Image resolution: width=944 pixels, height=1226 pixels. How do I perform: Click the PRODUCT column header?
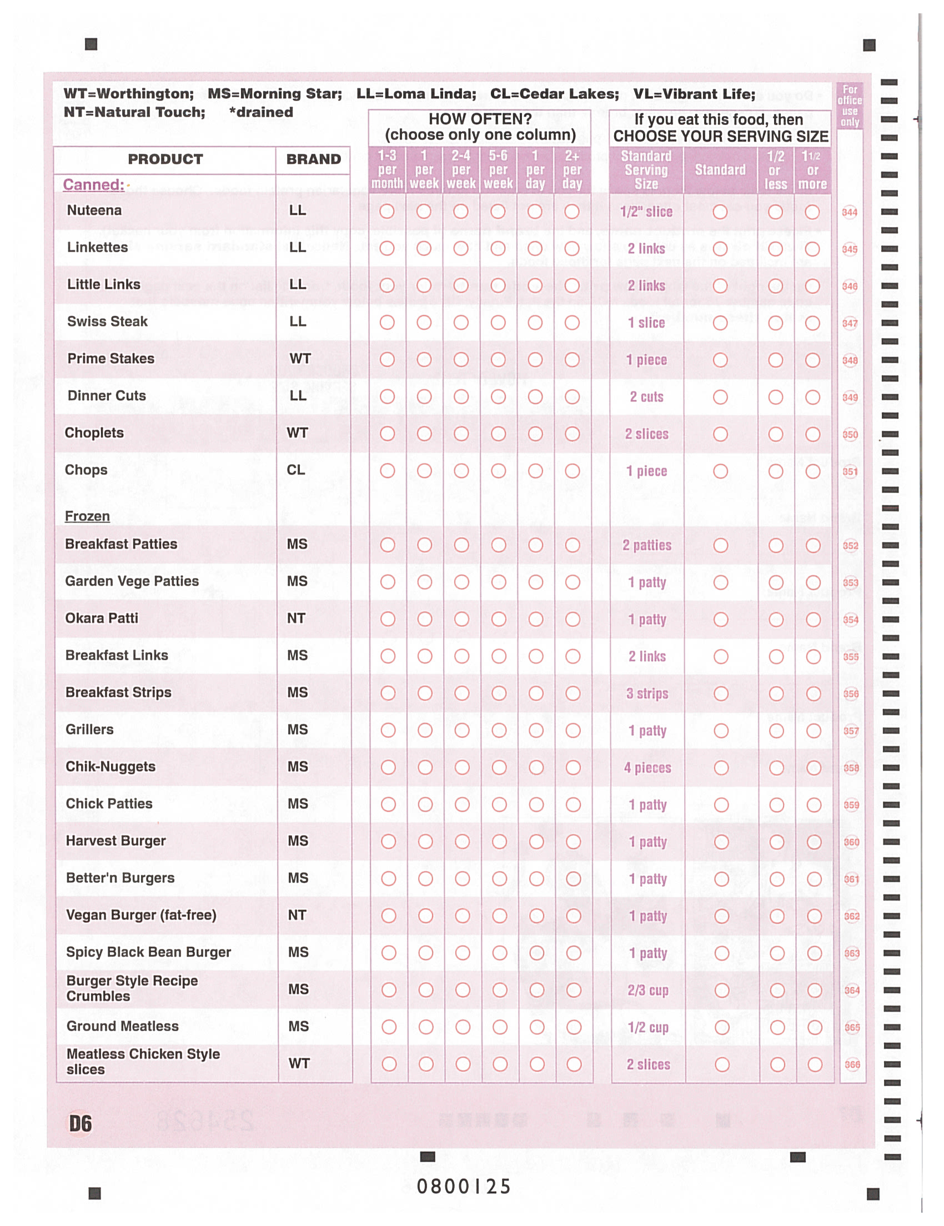165,159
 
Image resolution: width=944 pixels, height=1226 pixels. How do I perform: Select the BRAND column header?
313,159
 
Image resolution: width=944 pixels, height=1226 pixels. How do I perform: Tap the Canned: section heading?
94,185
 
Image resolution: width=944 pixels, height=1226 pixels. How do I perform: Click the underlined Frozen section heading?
87,516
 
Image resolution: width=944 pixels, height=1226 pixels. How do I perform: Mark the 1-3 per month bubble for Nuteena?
386,212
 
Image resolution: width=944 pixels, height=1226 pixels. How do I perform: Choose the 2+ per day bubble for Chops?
573,471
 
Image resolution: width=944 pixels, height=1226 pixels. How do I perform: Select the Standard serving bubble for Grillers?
721,731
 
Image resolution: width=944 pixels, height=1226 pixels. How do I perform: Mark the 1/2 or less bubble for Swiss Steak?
776,323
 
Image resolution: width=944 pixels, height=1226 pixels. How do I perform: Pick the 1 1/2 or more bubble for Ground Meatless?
815,1027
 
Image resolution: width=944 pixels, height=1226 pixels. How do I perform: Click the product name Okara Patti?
102,618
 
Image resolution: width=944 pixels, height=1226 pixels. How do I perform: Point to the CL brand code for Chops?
296,470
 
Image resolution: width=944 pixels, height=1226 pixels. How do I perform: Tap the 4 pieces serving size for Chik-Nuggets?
647,768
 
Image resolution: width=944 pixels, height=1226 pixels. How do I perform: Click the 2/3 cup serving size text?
647,990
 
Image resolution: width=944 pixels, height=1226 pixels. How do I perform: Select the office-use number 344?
850,212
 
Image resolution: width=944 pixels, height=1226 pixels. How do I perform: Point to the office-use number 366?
852,1064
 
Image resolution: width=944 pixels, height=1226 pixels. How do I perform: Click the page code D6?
81,1124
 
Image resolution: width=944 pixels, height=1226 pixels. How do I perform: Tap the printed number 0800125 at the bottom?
464,1186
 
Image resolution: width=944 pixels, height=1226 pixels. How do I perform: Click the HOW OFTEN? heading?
480,119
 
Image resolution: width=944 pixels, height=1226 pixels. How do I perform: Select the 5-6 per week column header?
498,169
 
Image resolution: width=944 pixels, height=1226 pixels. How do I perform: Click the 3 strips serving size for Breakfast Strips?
647,694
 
